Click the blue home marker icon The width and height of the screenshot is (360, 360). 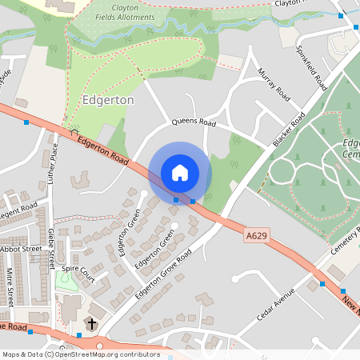[x=180, y=173]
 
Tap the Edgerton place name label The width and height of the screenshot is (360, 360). [x=108, y=101]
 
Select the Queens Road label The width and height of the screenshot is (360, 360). [x=195, y=123]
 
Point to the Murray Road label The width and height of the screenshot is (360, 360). [x=273, y=83]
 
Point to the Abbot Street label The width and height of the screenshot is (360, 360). [x=22, y=249]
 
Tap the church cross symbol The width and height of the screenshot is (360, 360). [x=91, y=323]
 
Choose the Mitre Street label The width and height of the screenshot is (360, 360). [x=10, y=286]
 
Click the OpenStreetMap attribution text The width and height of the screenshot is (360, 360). [x=81, y=354]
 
